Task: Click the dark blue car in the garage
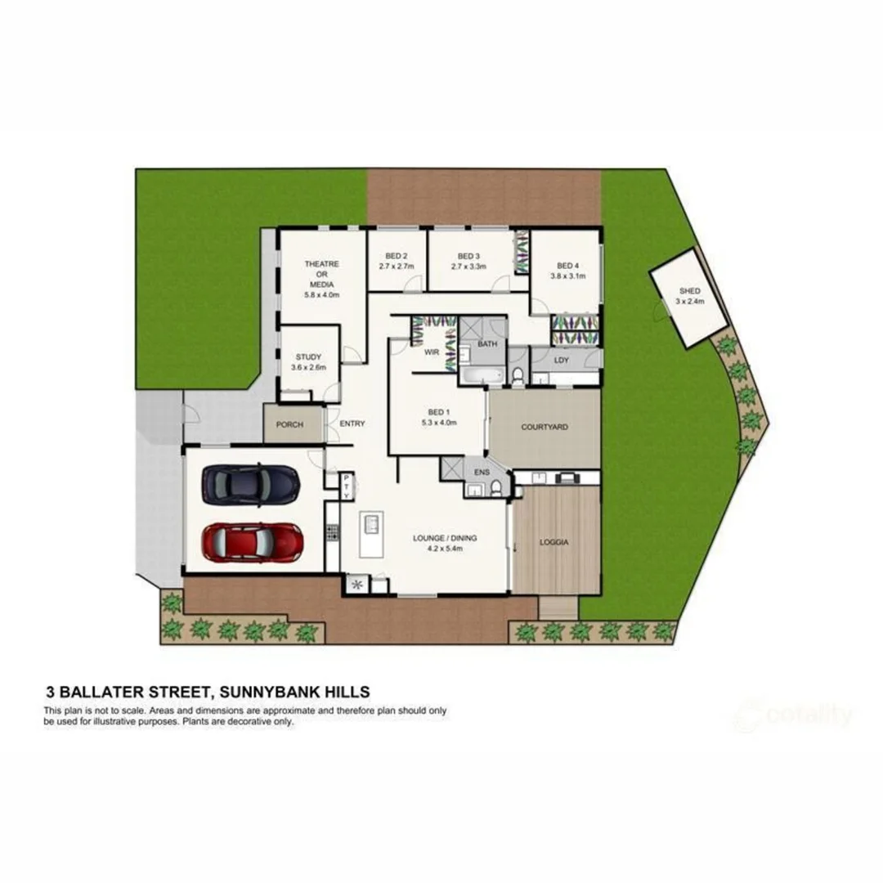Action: [x=250, y=484]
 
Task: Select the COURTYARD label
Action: [x=545, y=427]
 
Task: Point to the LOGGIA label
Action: [x=554, y=542]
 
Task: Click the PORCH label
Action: [x=289, y=425]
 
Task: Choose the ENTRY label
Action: [x=352, y=424]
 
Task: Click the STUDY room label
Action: [x=308, y=357]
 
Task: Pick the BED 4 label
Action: [x=567, y=266]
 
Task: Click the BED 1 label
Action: [x=438, y=411]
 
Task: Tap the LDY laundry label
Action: [x=561, y=360]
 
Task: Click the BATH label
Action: [x=487, y=344]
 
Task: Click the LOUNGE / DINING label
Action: [x=445, y=538]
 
